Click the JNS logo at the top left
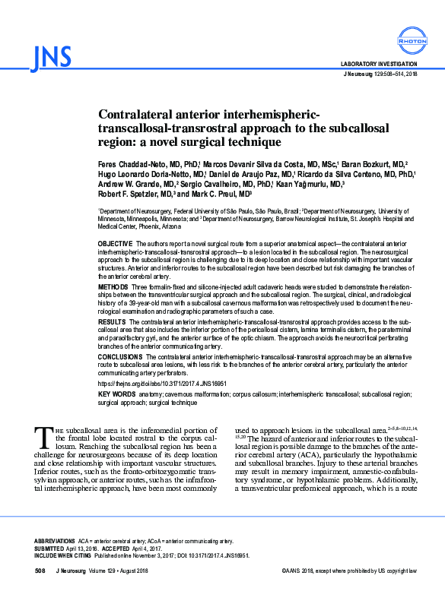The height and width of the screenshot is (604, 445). [x=52, y=56]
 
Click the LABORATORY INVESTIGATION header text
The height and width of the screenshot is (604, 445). [x=378, y=64]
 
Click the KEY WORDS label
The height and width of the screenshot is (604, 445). [x=117, y=394]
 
